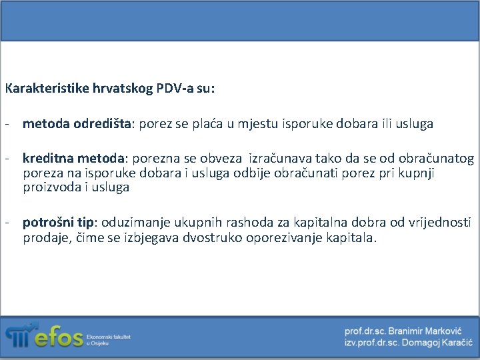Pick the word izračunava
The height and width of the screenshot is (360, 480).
pos(280,159)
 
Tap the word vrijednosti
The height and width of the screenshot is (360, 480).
pos(440,223)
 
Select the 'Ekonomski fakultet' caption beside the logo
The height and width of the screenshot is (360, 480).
pos(109,337)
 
